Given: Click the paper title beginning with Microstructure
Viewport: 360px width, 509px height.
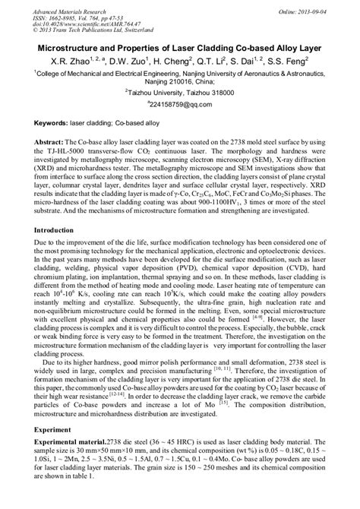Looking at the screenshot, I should click(x=180, y=47).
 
